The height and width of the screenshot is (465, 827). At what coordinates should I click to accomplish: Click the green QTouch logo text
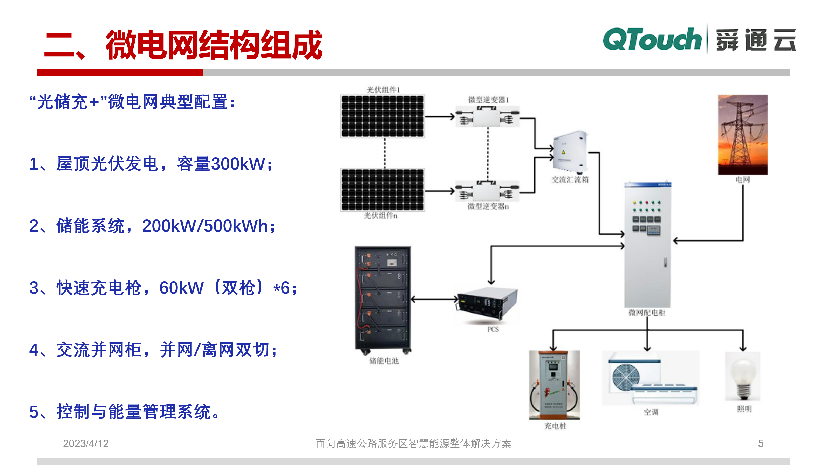(652, 39)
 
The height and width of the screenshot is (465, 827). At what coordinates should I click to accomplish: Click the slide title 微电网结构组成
(214, 45)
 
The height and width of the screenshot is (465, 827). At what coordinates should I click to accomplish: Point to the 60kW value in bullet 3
(181, 288)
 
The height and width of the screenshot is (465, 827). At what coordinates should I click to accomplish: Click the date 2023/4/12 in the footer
(86, 443)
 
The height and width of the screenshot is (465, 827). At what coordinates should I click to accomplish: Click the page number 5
(761, 443)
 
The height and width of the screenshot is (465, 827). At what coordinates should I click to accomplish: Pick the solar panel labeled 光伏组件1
(382, 116)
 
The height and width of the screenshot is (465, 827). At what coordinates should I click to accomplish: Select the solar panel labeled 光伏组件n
(382, 190)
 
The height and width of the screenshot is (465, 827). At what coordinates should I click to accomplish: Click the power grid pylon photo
(743, 135)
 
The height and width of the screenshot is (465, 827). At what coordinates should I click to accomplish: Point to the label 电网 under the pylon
(743, 180)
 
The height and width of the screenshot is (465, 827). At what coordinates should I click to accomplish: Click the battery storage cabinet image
(383, 299)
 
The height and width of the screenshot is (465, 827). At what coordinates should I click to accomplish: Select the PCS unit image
(487, 303)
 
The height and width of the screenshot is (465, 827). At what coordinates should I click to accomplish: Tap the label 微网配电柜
(647, 313)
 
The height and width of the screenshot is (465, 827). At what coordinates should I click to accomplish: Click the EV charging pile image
(555, 385)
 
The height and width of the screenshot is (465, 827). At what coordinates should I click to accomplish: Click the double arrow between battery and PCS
(434, 299)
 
